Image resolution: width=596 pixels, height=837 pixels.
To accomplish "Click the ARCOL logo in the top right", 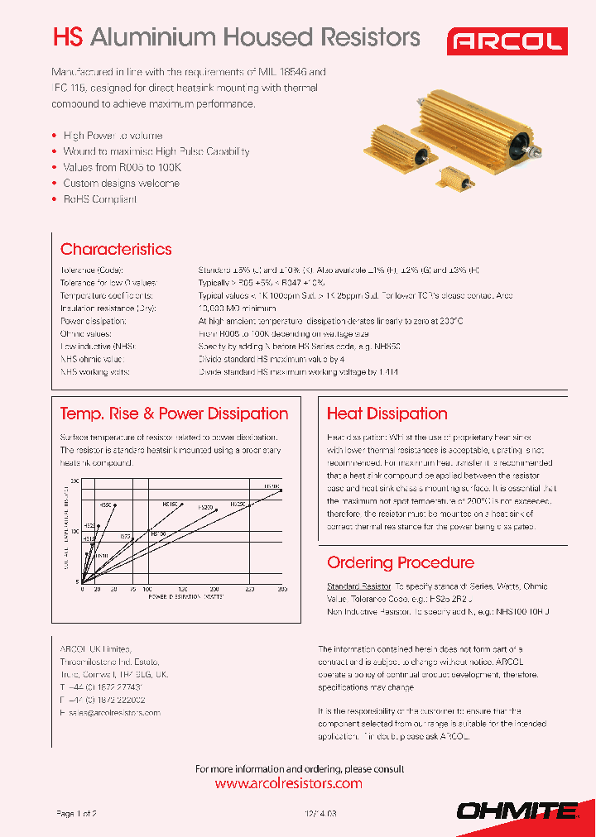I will tap(507, 41).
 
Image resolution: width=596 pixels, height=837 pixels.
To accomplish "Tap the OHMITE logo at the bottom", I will tap(518, 811).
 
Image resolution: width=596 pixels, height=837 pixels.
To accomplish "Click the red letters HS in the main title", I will tap(68, 37).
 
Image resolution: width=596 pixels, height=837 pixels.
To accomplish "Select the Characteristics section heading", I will tap(116, 249).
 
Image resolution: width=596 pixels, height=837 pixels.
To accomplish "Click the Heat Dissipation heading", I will tap(387, 414).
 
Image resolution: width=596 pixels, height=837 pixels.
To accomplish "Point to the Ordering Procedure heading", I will tap(401, 562).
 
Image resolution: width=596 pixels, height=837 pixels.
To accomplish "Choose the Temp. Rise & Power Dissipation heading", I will tap(174, 414).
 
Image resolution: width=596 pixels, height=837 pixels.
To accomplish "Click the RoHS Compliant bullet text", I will tap(99, 199).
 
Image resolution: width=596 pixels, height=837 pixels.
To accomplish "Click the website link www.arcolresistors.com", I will tap(288, 783).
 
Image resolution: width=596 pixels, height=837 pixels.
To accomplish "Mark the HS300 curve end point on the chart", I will tap(282, 490).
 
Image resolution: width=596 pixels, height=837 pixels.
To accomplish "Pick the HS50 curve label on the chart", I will tap(105, 504).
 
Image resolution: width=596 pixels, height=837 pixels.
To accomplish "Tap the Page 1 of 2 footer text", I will tap(76, 814).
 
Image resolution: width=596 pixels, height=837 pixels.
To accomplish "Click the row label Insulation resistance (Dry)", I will tap(108, 307).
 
